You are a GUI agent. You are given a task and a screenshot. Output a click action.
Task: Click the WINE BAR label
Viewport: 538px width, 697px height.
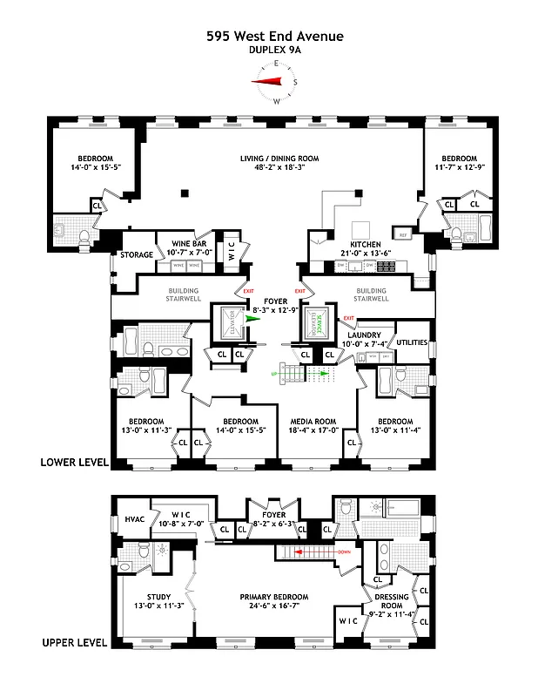(x=187, y=244)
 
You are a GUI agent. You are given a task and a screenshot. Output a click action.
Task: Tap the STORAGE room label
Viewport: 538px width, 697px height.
(x=137, y=255)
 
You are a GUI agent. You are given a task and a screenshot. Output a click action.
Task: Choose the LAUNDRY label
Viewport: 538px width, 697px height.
(x=365, y=335)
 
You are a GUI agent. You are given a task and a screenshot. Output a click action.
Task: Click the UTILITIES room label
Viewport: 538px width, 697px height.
(x=411, y=343)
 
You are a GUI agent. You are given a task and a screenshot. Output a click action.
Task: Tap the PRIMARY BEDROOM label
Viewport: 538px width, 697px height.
(x=275, y=597)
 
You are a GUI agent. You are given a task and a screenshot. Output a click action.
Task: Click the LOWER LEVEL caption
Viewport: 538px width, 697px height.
(x=74, y=463)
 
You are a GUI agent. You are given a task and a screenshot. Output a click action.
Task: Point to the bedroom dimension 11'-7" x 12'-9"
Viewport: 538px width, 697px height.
(x=458, y=167)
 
